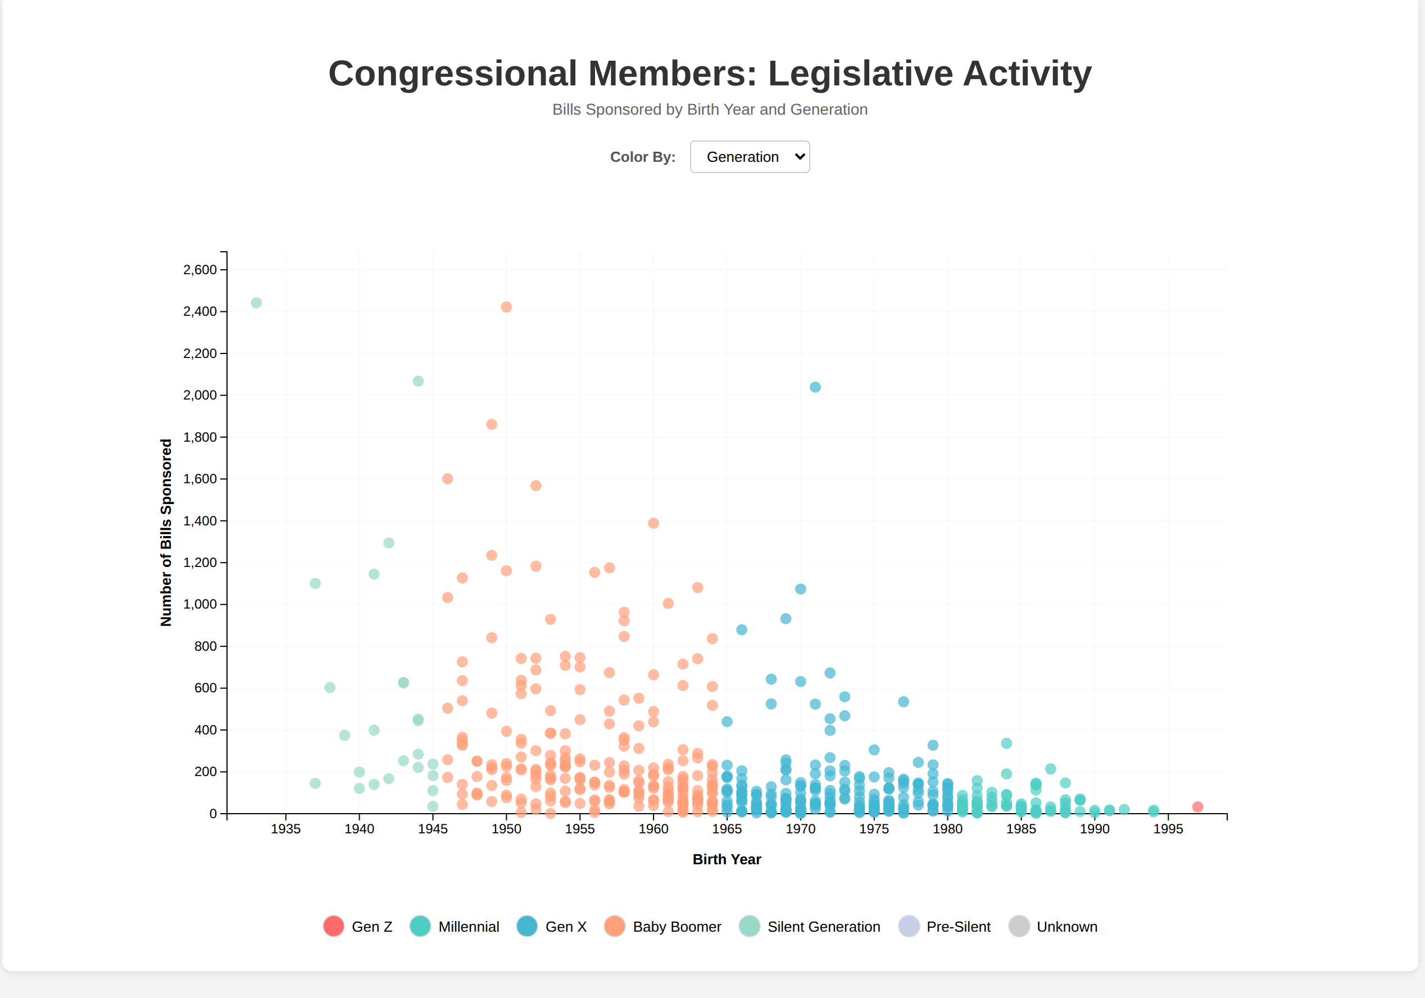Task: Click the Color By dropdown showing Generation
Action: [749, 157]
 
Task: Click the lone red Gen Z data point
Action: [1197, 807]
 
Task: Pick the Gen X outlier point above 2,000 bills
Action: [815, 387]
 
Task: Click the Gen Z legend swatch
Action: [334, 926]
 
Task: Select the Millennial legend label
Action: [469, 927]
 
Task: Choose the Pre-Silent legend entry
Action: [945, 927]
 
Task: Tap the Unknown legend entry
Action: [1052, 927]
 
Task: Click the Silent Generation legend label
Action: [824, 927]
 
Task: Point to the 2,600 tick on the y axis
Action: [224, 270]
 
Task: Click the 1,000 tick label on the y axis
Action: [200, 605]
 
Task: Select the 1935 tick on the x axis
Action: [285, 816]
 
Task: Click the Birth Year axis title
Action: [727, 860]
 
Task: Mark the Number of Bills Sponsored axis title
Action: [166, 533]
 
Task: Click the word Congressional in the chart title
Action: [452, 73]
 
